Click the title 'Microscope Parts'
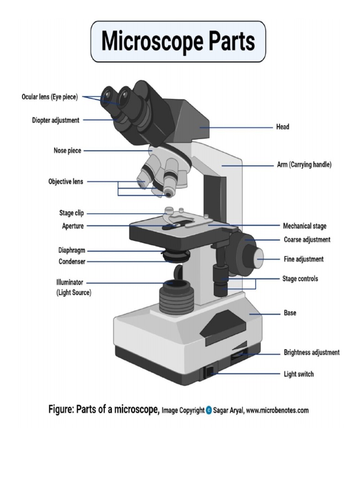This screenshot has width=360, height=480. [178, 41]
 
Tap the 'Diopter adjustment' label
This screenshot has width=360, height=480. [55, 120]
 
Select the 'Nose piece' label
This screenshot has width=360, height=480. [67, 150]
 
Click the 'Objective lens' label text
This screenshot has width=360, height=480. [66, 181]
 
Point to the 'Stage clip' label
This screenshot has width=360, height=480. [72, 213]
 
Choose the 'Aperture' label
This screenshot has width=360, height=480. [73, 226]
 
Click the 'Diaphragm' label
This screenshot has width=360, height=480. [72, 251]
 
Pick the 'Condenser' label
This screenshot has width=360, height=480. [72, 262]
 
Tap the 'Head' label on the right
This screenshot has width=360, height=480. [282, 127]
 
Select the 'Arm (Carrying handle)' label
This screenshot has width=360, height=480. [303, 165]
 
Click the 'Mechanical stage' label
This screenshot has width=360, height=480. [305, 226]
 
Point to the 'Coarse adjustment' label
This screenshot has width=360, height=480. [307, 240]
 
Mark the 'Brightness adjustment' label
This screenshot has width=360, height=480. [311, 352]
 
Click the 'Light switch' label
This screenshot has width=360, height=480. [299, 374]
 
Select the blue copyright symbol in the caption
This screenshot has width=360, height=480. [209, 411]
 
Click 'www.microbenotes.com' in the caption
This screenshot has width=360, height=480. [277, 411]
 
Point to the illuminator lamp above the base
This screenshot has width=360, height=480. [176, 295]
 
